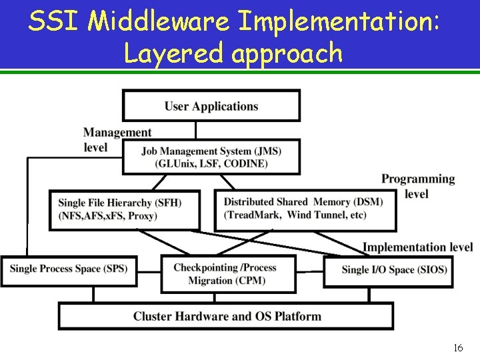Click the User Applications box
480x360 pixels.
[211, 106]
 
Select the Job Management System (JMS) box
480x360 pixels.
[211, 157]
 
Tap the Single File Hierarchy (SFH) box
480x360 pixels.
[125, 209]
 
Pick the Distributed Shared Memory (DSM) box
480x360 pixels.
[305, 209]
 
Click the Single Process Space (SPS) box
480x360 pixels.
[69, 269]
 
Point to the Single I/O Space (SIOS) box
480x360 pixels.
[395, 270]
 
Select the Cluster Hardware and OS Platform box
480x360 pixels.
[226, 316]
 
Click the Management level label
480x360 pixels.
[117, 140]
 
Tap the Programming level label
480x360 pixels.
[417, 186]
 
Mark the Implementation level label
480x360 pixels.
[417, 247]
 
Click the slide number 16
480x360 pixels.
[458, 348]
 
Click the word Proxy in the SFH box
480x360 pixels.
[142, 216]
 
